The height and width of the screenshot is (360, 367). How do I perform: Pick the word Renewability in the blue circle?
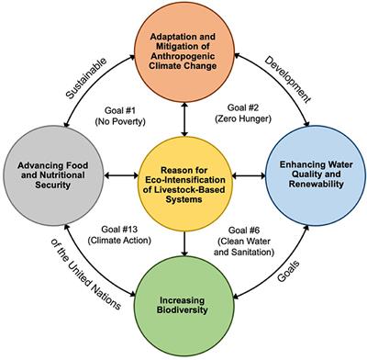pos(314,186)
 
